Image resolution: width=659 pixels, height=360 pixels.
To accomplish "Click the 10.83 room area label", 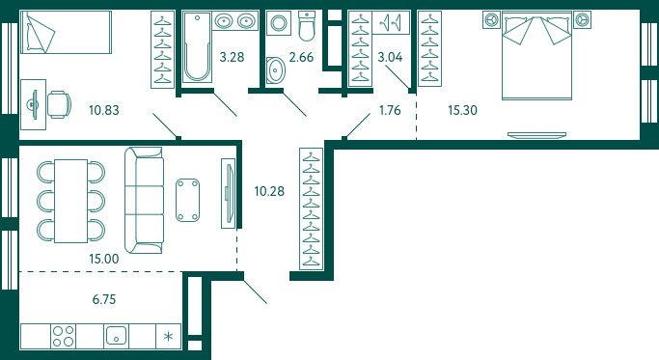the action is point(104,110).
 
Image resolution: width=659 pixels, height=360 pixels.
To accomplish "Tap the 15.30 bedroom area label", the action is point(462,110).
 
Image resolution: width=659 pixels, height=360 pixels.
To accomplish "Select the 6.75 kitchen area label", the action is point(104,299).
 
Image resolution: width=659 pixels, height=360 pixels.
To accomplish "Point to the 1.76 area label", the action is point(390,110).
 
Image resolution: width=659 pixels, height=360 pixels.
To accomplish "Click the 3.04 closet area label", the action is point(390,57).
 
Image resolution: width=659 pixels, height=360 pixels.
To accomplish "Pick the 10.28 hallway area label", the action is point(269,191).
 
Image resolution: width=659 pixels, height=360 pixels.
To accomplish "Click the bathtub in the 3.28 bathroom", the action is point(197,46).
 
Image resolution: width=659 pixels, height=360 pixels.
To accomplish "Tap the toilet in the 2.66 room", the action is point(307,26).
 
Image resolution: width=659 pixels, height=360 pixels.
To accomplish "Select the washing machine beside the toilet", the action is point(279,23).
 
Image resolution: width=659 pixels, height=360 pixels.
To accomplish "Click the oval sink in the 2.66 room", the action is point(276,69).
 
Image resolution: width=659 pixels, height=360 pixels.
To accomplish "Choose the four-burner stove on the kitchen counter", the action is point(64,336).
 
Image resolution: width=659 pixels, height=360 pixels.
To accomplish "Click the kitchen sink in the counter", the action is point(116,336).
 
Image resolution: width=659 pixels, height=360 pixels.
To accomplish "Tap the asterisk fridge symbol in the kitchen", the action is point(168,336).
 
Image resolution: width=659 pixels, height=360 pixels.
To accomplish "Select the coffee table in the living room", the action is point(187,200).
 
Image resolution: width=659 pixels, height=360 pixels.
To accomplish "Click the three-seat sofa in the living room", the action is point(144,200).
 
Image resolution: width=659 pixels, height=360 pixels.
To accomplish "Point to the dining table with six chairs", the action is point(71,201).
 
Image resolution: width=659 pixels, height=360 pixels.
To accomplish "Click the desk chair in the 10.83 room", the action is point(59,104).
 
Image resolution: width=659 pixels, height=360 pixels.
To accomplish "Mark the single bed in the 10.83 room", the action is point(66,33).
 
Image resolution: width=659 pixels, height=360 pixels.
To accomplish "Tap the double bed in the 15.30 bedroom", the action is point(537,56).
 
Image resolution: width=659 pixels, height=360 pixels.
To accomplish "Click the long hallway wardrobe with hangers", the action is point(311,208).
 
